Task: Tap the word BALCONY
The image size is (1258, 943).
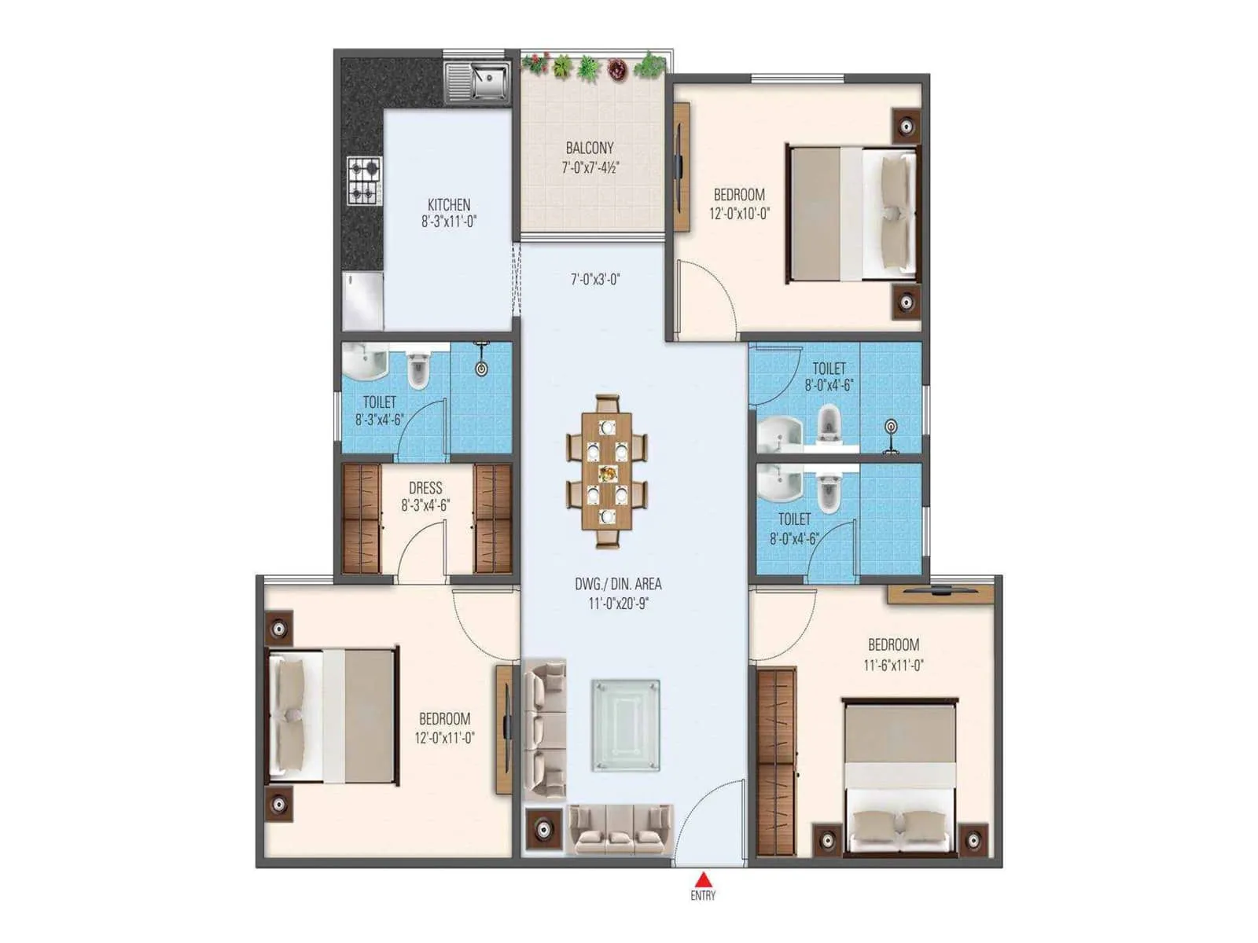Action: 590,148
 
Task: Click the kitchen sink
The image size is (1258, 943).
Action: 478,83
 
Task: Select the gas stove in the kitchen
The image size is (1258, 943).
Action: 364,181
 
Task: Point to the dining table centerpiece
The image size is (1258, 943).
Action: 607,473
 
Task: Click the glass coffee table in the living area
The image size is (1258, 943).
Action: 625,725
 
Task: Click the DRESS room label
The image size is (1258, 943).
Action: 425,487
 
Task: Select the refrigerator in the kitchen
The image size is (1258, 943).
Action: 362,301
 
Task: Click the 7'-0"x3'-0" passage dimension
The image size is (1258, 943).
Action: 595,279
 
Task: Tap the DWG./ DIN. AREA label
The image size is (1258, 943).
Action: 618,584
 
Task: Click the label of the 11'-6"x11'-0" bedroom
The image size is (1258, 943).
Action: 893,645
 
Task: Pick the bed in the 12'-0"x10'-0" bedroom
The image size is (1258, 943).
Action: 852,214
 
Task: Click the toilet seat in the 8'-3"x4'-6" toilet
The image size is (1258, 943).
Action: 418,370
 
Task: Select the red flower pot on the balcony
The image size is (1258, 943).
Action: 618,69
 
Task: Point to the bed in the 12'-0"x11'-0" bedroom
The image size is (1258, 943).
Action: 332,716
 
